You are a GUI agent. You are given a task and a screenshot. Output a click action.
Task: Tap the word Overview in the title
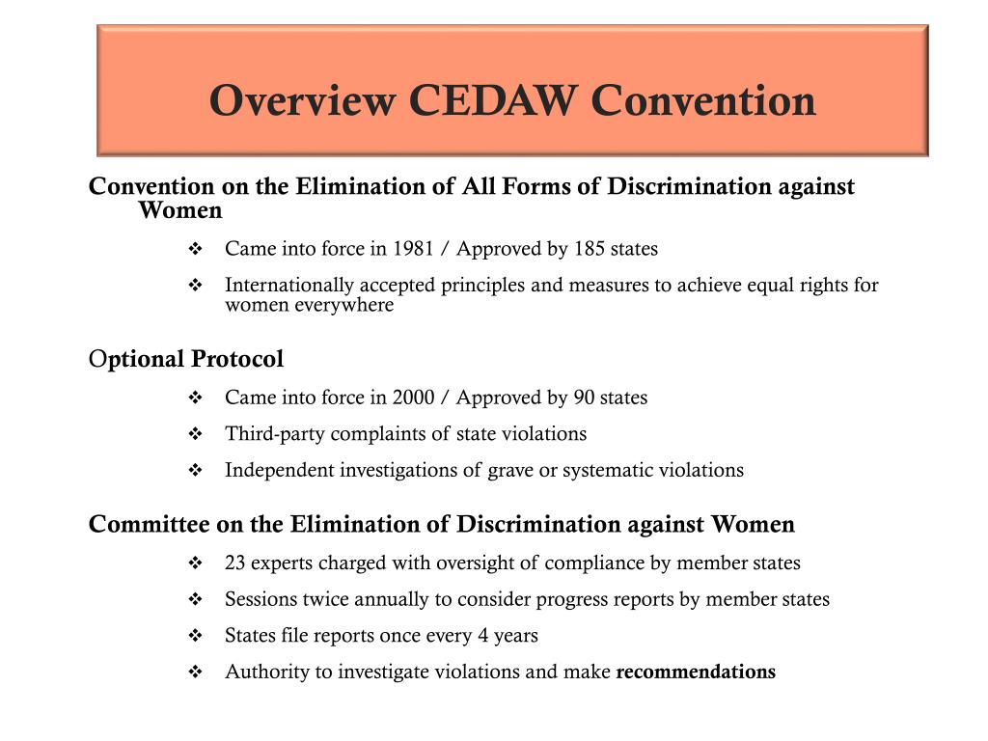[302, 100]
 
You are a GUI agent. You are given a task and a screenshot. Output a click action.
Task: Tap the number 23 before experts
[234, 563]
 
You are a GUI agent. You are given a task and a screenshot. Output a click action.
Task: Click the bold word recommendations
[696, 672]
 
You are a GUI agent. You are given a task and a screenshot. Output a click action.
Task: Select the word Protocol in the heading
[237, 360]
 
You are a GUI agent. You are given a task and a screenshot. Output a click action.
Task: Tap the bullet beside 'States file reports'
[195, 636]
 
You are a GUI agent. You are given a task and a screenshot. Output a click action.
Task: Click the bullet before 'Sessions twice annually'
[195, 599]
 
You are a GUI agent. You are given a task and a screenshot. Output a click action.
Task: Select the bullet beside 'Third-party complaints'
[195, 434]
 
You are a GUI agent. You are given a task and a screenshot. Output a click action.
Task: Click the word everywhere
[349, 306]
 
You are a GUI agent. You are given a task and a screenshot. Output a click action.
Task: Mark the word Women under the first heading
[180, 210]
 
